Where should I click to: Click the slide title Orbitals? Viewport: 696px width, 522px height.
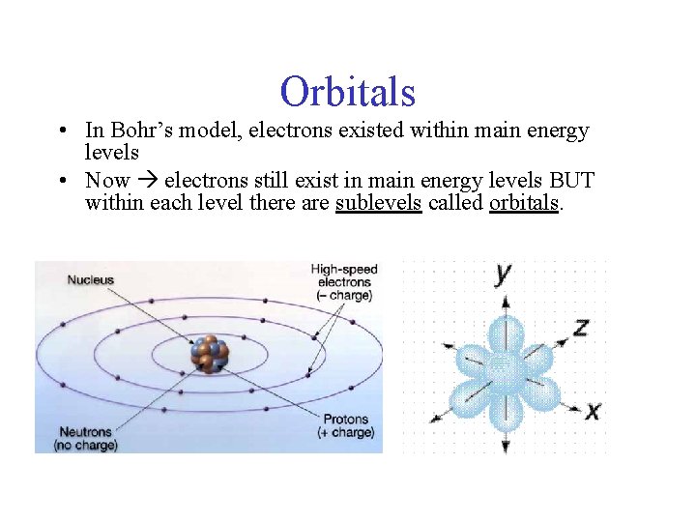click(348, 92)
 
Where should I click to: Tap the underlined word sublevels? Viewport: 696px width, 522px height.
click(378, 203)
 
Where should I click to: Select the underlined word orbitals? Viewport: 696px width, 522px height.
click(524, 203)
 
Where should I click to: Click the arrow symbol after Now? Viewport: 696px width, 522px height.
click(147, 181)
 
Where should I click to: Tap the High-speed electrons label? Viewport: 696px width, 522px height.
click(343, 281)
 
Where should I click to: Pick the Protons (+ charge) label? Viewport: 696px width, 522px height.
click(345, 426)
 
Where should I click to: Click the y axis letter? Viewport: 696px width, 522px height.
click(503, 274)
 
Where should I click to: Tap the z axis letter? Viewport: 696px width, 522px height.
click(580, 328)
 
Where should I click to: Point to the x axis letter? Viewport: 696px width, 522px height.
click(592, 411)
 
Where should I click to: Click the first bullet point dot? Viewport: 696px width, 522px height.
click(61, 131)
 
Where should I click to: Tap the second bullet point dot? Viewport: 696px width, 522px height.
click(61, 182)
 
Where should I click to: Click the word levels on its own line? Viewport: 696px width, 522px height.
click(112, 153)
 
